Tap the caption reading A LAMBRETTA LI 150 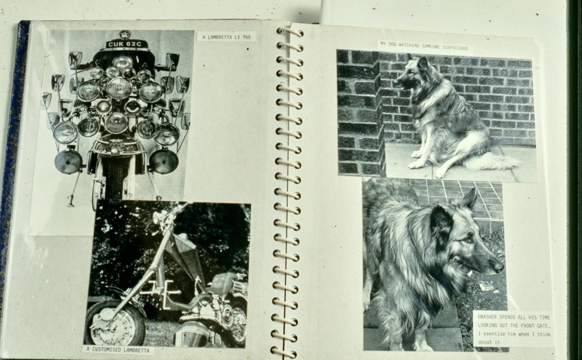(x=226, y=37)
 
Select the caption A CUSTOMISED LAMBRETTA (x=118, y=350)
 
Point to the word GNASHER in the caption (x=487, y=317)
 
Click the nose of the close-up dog (x=499, y=266)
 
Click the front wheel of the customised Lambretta (x=114, y=323)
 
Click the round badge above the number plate (x=124, y=35)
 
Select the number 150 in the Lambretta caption (x=247, y=37)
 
